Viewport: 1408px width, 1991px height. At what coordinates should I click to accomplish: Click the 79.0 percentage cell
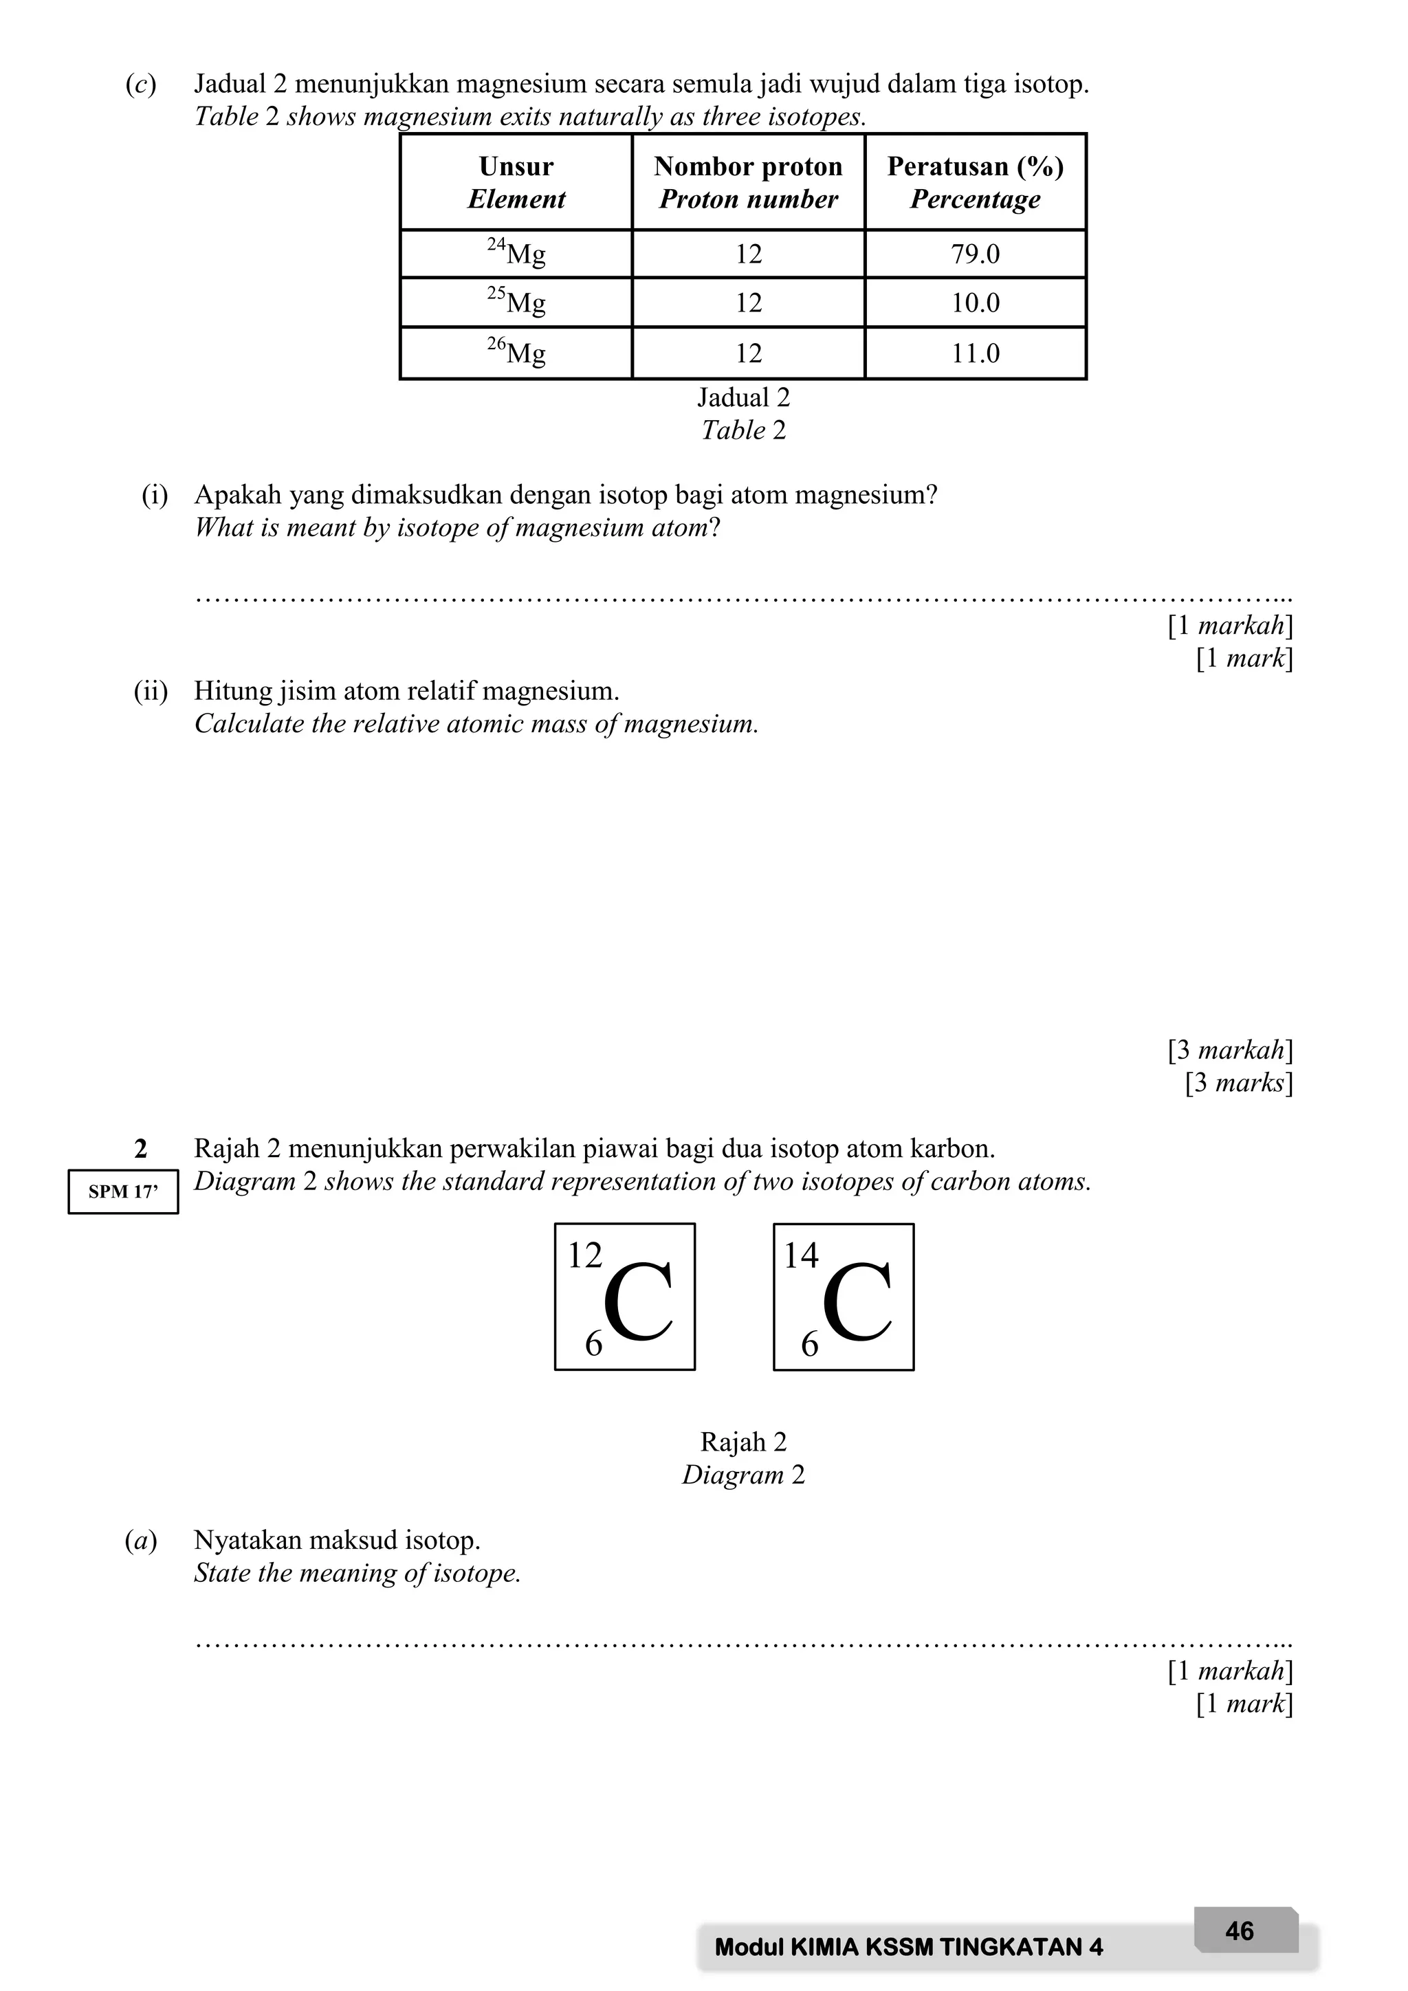click(976, 254)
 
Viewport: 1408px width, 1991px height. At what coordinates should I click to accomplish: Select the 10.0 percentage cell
click(976, 302)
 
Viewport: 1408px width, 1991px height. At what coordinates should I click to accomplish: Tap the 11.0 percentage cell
click(976, 353)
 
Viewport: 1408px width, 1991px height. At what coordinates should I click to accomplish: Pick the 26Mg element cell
click(517, 352)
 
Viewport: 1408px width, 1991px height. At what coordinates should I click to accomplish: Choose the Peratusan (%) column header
click(976, 182)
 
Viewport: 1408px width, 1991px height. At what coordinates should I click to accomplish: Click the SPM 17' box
click(123, 1191)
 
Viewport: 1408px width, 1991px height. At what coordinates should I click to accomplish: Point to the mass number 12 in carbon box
click(584, 1255)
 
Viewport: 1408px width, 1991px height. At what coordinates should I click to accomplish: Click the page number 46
click(1240, 1931)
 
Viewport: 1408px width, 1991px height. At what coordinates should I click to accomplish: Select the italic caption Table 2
click(744, 430)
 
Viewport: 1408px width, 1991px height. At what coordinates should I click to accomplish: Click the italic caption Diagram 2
click(744, 1475)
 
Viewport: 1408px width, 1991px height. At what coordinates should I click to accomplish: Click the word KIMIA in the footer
click(819, 1948)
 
